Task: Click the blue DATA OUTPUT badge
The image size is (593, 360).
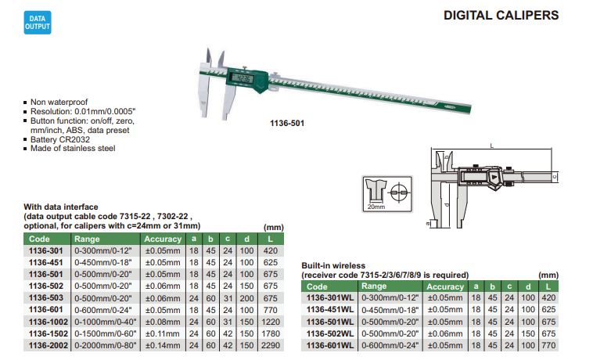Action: point(38,23)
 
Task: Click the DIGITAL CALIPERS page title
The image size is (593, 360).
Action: point(501,16)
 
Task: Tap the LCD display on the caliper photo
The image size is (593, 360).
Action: point(242,79)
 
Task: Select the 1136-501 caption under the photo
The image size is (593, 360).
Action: point(287,124)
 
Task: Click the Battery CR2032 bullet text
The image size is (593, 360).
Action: point(60,139)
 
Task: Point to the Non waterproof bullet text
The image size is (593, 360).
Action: point(59,102)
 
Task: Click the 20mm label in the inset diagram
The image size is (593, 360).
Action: point(376,207)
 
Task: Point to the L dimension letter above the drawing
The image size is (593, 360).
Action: point(491,146)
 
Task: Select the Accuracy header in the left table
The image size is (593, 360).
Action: point(163,239)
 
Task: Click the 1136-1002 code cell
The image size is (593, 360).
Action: point(49,322)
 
